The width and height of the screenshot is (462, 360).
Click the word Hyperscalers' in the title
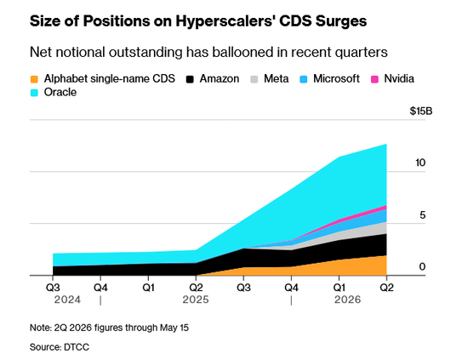[x=225, y=21]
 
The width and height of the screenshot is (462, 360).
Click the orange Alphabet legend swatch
[x=35, y=79]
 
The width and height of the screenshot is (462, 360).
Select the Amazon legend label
[x=220, y=78]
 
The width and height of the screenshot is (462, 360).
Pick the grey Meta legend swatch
[x=254, y=79]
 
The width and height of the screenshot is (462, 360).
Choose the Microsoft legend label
[x=336, y=78]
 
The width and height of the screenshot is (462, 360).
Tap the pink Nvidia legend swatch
[x=374, y=79]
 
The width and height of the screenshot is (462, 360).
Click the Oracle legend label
[x=60, y=92]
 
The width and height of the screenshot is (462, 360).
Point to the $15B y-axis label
[x=421, y=111]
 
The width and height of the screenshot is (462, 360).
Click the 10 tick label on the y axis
[x=420, y=163]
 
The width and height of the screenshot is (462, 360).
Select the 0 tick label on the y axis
[x=423, y=266]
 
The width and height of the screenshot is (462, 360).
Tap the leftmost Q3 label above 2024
[x=53, y=288]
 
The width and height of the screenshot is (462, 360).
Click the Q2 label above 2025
[x=196, y=288]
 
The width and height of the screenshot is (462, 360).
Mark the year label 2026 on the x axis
[x=348, y=300]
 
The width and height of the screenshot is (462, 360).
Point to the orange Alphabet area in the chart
[x=354, y=267]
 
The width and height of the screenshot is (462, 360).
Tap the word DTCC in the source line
[x=77, y=347]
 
